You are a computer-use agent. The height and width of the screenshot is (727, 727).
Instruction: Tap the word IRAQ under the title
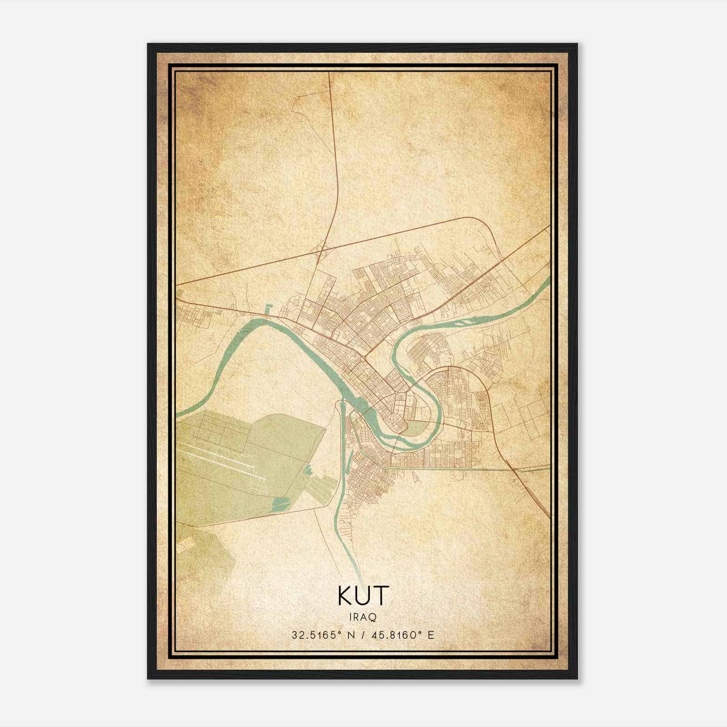(363, 617)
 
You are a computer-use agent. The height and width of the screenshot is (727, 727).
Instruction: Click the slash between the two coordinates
(363, 635)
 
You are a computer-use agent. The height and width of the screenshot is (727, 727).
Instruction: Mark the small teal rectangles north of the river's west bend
(268, 309)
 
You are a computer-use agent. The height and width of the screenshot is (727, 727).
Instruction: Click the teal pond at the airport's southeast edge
(281, 503)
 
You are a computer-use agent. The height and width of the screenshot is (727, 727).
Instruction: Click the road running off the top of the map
(329, 75)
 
